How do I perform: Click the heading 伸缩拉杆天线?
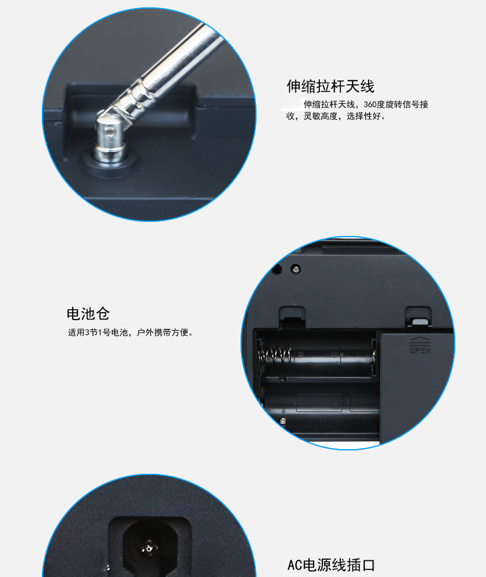coord(330,87)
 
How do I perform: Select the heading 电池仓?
coord(88,313)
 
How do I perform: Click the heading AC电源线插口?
coord(331,565)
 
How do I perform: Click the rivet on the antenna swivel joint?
coord(108,131)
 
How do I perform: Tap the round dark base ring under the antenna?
coord(110,163)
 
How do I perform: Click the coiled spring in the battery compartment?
coord(274,354)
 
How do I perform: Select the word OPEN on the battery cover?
coord(420,350)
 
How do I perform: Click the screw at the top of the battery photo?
coord(295,269)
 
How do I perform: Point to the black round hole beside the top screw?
coord(277,269)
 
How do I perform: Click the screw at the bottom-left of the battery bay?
coord(282,421)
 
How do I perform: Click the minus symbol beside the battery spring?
coord(301,355)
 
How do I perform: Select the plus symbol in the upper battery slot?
coord(334,355)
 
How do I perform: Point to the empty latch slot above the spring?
coord(293,317)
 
